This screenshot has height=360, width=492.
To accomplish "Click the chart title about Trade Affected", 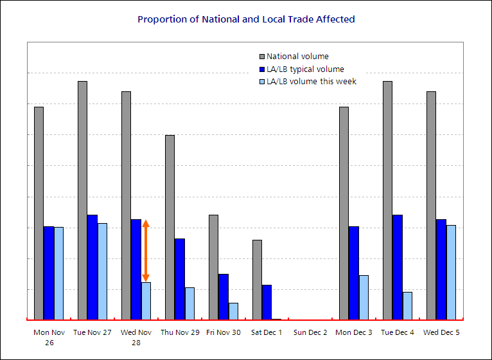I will (246, 19).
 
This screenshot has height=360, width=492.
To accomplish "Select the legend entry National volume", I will (297, 57).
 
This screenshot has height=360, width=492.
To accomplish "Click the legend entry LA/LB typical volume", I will (305, 69).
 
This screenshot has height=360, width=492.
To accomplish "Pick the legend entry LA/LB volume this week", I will (312, 82).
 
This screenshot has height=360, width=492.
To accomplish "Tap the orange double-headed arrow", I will (146, 251).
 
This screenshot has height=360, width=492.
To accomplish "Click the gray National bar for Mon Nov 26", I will (39, 213).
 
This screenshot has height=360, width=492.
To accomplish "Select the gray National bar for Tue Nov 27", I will (82, 200).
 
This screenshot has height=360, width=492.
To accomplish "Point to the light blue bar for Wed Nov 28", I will (146, 300).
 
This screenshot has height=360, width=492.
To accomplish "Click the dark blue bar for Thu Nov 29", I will (180, 278).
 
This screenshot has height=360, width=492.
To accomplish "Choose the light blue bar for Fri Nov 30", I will (233, 310).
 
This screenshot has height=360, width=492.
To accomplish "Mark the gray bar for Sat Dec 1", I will (257, 279).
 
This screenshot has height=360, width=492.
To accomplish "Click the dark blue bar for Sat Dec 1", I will (267, 301).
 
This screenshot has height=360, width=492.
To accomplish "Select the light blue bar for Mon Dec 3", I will (364, 297).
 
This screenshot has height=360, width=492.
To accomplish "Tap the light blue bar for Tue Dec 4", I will (407, 305).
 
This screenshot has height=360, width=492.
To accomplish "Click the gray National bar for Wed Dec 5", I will (431, 205).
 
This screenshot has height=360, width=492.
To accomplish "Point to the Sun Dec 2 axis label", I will (310, 332).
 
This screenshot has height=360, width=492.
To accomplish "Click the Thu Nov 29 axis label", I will (180, 332).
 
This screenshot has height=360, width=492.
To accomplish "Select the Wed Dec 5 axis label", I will (441, 332).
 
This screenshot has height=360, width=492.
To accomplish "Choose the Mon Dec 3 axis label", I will (354, 332).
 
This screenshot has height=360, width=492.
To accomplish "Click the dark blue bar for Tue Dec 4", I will (398, 267).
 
